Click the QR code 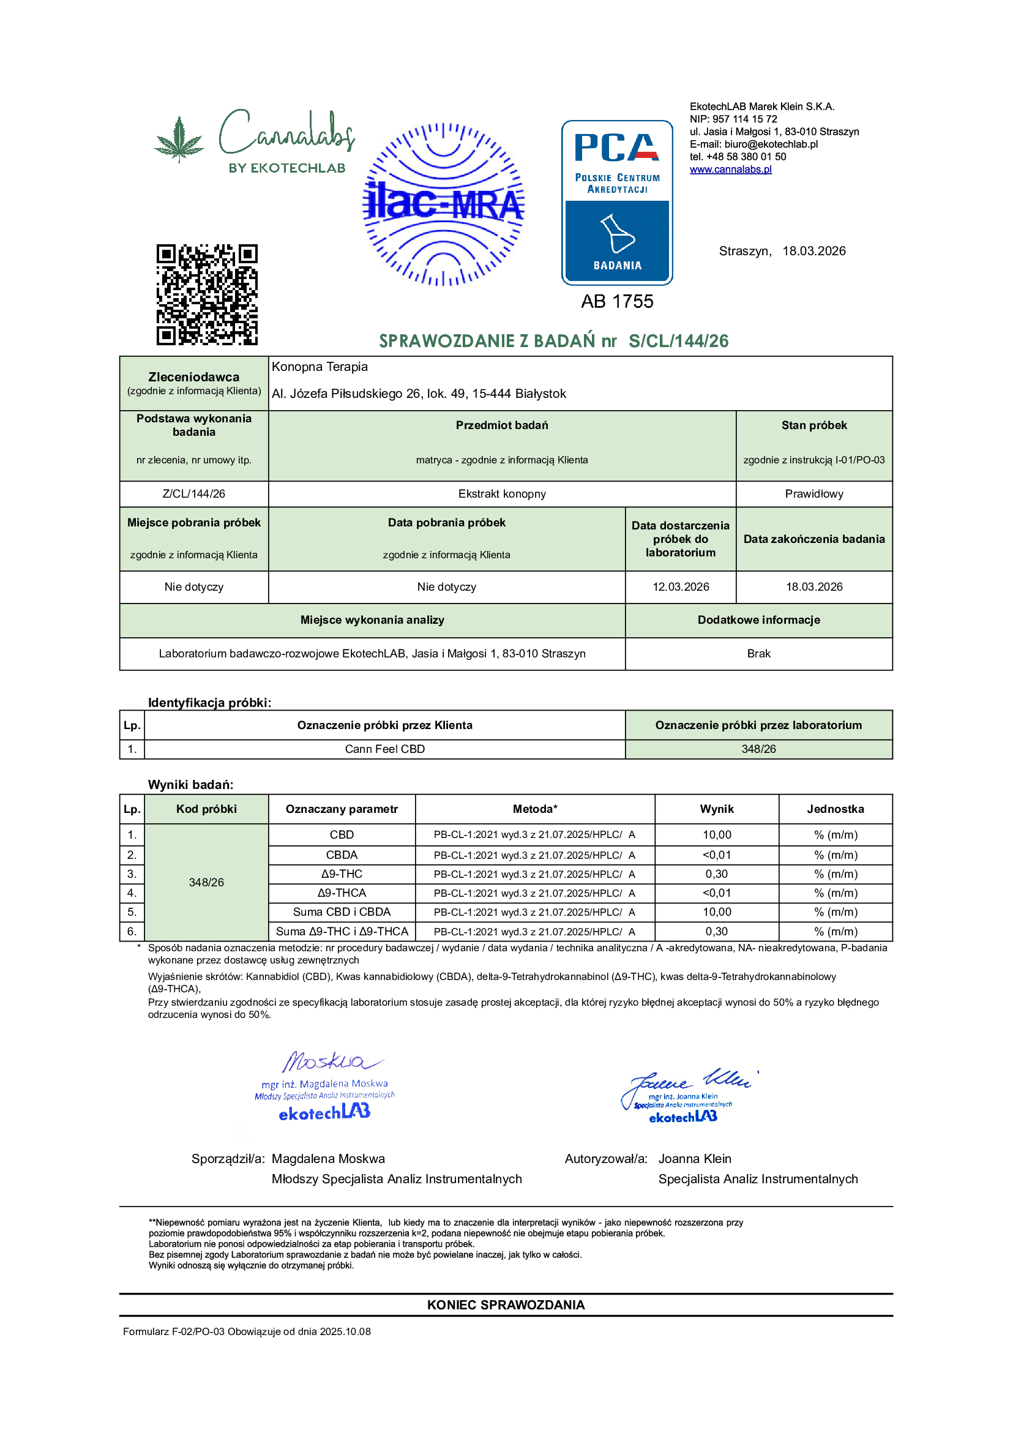point(207,294)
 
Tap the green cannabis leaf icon point(179,139)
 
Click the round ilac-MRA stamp point(444,204)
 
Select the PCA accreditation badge point(616,202)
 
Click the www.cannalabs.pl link point(730,169)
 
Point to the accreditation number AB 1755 point(616,301)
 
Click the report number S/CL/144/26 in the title point(678,341)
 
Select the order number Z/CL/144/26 point(193,494)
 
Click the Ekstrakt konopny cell point(502,494)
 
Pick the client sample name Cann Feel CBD point(384,749)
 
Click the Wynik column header point(717,809)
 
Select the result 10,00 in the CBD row point(717,834)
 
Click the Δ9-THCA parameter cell point(342,892)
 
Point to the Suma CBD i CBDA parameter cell point(342,912)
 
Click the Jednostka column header point(835,809)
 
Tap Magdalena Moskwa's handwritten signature point(331,1061)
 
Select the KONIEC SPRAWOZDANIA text point(506,1305)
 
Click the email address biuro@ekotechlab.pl point(771,144)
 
